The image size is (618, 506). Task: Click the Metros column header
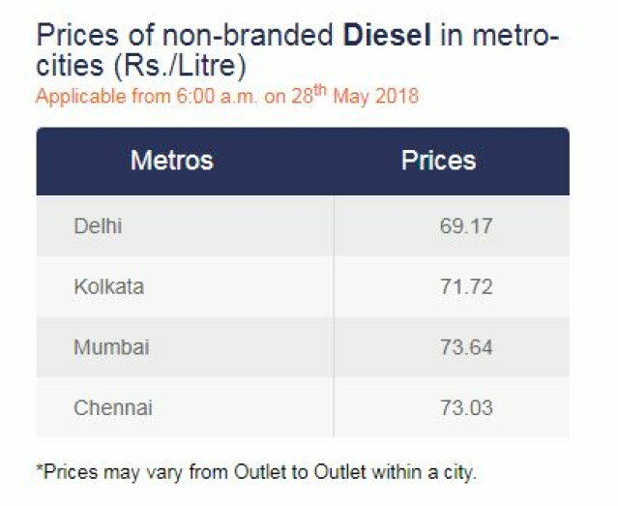point(171,160)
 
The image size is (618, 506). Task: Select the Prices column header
point(438,160)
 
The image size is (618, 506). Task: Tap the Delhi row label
point(98,226)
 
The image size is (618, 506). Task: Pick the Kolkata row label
point(108,286)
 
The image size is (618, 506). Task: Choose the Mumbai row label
point(111,346)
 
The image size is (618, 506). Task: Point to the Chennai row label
point(113,406)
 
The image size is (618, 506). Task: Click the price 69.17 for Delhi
point(465,226)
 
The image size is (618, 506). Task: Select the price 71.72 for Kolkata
point(465,286)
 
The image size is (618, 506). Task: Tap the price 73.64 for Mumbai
point(465,346)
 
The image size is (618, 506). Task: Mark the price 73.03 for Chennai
point(465,406)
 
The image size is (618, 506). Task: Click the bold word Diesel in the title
point(387,37)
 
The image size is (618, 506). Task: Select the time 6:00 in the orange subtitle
point(192,98)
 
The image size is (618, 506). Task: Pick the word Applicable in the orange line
point(74,98)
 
